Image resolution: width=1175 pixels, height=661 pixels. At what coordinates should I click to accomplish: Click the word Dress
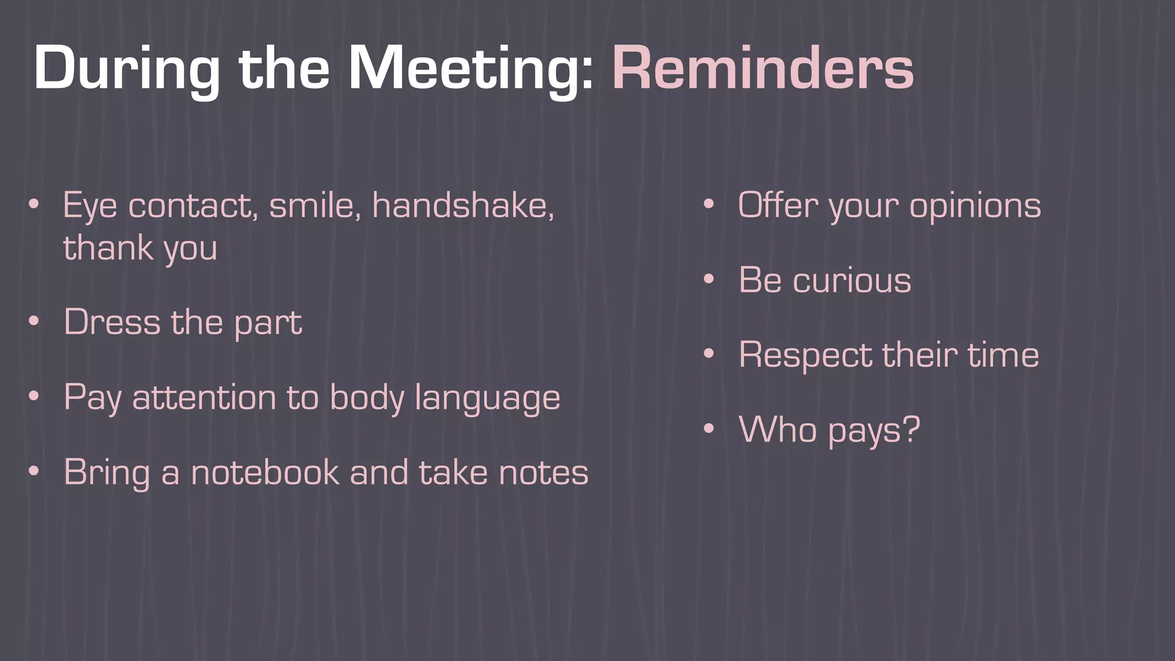tap(112, 322)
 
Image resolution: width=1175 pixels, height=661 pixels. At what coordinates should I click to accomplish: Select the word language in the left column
tap(487, 398)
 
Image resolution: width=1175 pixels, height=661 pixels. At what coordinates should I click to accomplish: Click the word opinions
tap(975, 205)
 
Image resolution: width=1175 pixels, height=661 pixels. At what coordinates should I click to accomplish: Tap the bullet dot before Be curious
tap(709, 280)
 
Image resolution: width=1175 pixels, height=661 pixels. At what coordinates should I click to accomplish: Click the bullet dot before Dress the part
tap(34, 321)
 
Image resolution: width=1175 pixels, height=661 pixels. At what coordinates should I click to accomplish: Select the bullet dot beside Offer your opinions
tap(709, 205)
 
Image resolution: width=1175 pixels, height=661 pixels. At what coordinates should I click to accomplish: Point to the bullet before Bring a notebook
tap(34, 472)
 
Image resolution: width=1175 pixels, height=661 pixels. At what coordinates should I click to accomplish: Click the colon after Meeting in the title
tap(587, 75)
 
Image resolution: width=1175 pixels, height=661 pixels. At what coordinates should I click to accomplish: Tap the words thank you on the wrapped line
tap(140, 248)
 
